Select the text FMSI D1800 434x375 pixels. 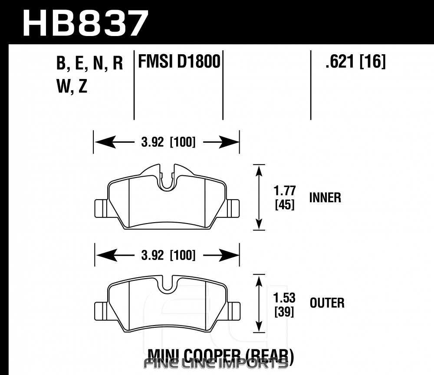(179, 62)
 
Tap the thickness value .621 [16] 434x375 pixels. (355, 62)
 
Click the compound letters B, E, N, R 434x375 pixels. (89, 64)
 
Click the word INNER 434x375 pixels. (325, 198)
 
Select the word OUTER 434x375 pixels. (327, 303)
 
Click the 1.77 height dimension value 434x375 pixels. (285, 191)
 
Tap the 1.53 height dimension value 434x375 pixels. (285, 298)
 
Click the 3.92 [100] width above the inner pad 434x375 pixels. (167, 142)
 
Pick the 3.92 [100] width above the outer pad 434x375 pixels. (167, 255)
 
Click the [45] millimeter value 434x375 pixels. (285, 204)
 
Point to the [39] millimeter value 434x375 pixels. (285, 312)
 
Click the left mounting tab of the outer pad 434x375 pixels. (101, 310)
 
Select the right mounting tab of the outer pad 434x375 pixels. (233, 310)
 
